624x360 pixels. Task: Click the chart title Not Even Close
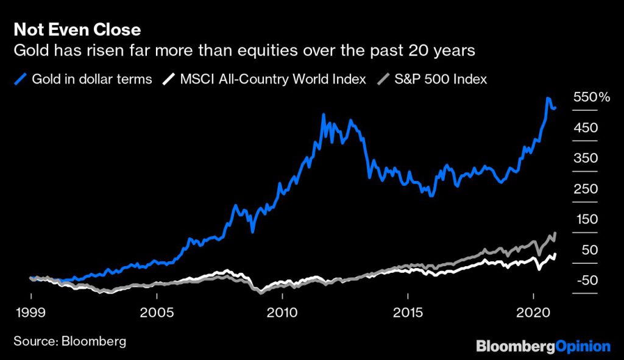click(77, 29)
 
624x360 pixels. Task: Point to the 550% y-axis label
click(587, 97)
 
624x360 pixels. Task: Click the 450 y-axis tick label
click(585, 128)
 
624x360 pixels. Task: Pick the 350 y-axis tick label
click(585, 158)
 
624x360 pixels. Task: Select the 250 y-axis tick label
click(585, 189)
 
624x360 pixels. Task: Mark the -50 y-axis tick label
click(585, 280)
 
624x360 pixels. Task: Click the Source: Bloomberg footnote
click(69, 341)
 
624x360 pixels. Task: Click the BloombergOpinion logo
click(542, 347)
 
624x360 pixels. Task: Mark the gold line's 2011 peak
click(324, 115)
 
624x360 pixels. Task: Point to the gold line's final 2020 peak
click(548, 98)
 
